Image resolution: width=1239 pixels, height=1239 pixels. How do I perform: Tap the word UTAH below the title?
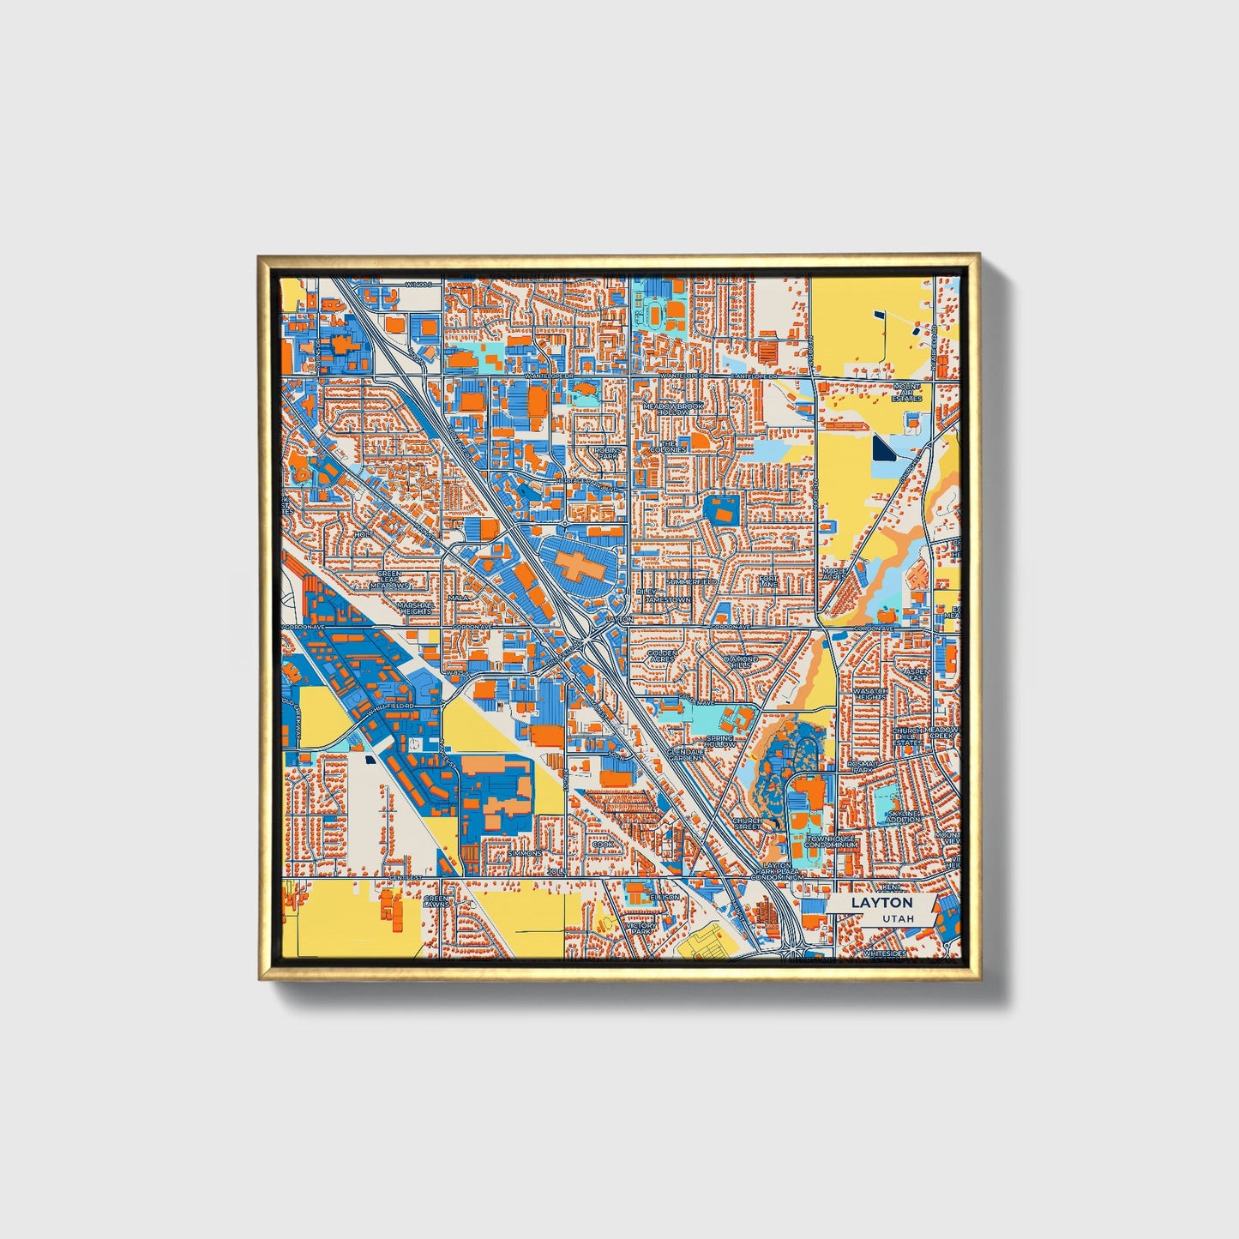pyautogui.click(x=897, y=918)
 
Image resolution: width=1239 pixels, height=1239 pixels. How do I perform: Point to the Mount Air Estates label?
pyautogui.click(x=905, y=393)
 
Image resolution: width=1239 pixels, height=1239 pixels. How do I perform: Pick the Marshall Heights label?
pyautogui.click(x=415, y=607)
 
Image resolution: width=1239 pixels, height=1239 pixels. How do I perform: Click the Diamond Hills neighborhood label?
pyautogui.click(x=740, y=661)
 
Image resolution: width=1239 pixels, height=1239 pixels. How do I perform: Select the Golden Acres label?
pyautogui.click(x=661, y=656)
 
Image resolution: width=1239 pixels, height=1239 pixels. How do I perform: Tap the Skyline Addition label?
pyautogui.click(x=904, y=815)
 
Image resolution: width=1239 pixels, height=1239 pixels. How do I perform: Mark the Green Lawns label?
pyautogui.click(x=436, y=902)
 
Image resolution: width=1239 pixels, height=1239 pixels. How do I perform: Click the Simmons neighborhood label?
pyautogui.click(x=524, y=854)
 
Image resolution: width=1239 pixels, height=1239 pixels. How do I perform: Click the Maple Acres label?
pyautogui.click(x=834, y=573)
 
